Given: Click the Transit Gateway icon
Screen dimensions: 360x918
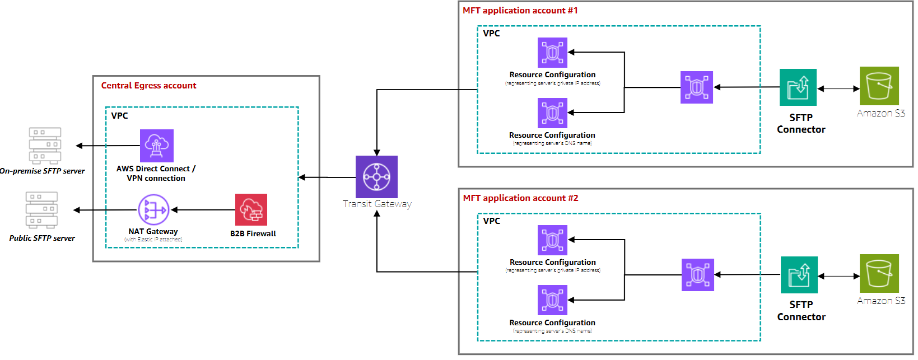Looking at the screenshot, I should (376, 176).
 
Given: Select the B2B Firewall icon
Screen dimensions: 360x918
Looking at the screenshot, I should (251, 209).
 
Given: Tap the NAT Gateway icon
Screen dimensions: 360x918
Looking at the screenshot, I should (153, 210).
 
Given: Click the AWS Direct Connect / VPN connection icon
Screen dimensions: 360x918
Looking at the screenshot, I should (156, 146).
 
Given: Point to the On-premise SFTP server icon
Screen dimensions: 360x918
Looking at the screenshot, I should (45, 146).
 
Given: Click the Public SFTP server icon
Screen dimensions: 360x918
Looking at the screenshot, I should (41, 211).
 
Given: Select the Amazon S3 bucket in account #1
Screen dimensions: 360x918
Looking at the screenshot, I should (879, 86).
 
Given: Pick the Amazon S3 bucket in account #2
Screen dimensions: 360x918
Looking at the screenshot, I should (879, 273).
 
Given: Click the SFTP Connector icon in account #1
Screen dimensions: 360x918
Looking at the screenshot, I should (798, 87).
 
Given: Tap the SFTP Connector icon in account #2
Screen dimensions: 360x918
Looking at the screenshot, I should (799, 275).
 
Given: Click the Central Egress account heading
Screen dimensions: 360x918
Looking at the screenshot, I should (148, 86).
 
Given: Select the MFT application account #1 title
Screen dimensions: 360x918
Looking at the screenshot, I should (520, 11).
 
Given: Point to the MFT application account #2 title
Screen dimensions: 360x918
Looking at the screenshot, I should (520, 198).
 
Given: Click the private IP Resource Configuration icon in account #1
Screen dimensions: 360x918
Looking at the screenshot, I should (552, 53).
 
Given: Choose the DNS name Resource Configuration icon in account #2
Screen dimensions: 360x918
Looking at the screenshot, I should (552, 300).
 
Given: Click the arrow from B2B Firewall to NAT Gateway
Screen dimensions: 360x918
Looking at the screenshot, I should (203, 210).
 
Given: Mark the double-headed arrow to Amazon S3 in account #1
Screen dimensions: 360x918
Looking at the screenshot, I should (838, 88).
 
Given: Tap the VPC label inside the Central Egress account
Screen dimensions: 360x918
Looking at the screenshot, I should (119, 116).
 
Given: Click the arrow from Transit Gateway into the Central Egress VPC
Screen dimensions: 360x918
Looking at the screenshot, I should (327, 177).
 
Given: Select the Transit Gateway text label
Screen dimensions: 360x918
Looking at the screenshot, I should (377, 204).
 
